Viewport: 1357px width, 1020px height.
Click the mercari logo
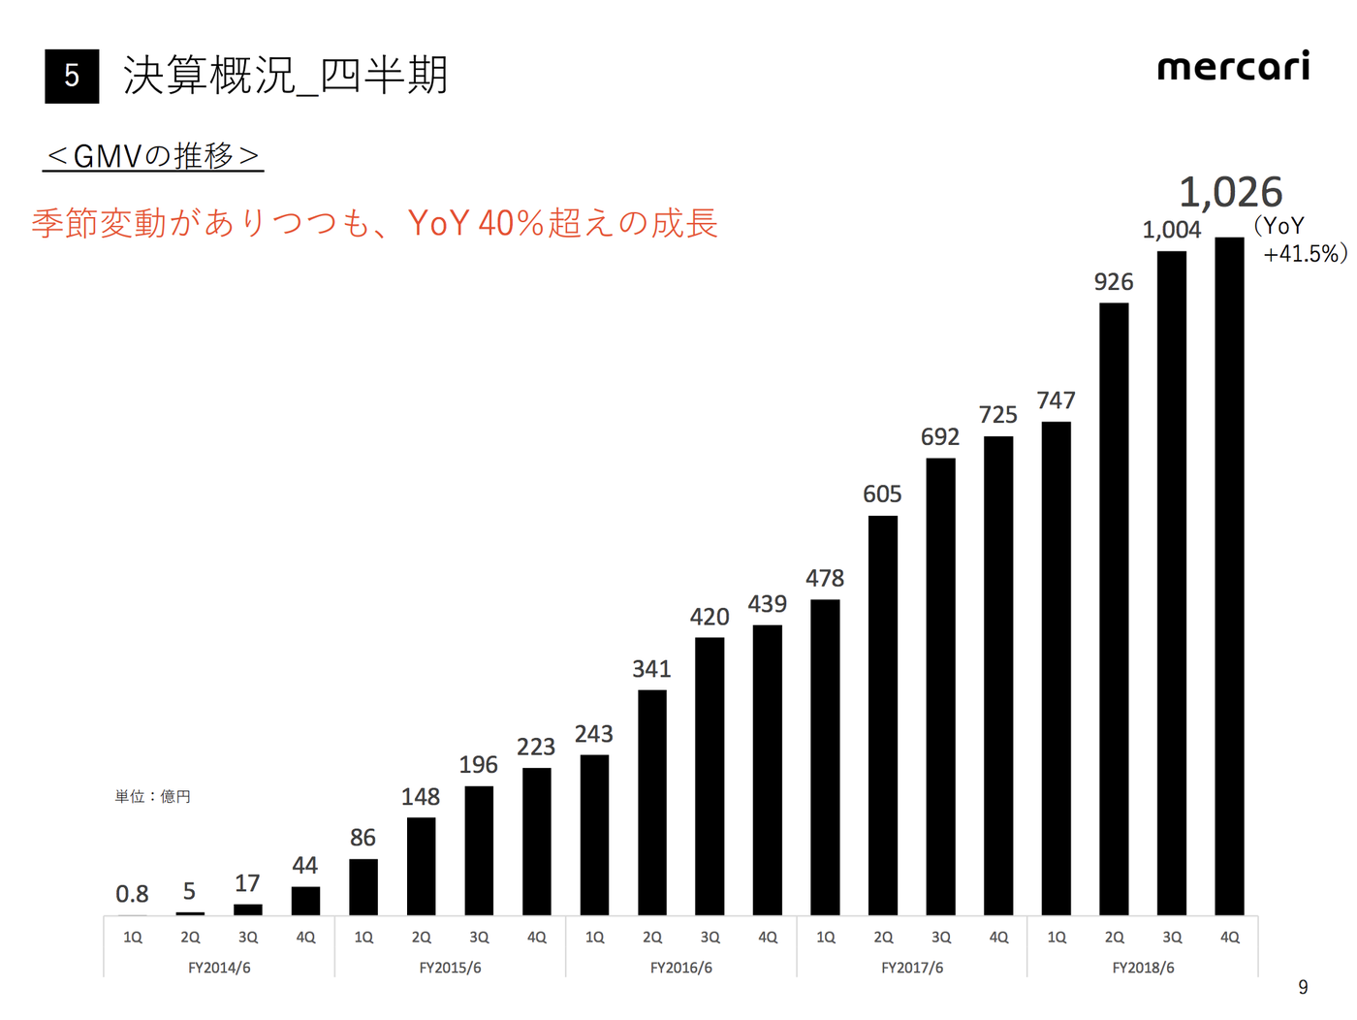click(x=1233, y=67)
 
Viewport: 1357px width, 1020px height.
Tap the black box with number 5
click(x=72, y=76)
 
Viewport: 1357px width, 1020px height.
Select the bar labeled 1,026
click(x=1229, y=576)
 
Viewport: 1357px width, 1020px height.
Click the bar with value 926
click(x=1114, y=609)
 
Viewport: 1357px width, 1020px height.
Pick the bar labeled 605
click(x=882, y=716)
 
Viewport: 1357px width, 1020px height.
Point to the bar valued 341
click(x=652, y=802)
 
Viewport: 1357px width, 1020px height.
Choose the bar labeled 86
click(x=363, y=886)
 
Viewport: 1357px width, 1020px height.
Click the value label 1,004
click(x=1171, y=230)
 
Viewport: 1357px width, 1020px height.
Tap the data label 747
click(x=1056, y=400)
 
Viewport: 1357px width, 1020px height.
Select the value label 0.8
click(x=132, y=894)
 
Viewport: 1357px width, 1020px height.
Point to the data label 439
click(x=767, y=604)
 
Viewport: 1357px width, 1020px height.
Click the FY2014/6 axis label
click(x=219, y=968)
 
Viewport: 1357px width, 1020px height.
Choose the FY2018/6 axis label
click(x=1143, y=968)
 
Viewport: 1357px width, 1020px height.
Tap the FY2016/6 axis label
click(x=680, y=968)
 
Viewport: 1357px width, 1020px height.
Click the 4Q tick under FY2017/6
click(x=998, y=938)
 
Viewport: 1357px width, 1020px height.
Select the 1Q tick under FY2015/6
click(x=363, y=938)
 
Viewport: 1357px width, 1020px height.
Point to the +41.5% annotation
click(x=1304, y=254)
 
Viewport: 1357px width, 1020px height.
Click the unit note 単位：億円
click(x=152, y=796)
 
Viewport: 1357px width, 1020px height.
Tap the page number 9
click(x=1303, y=987)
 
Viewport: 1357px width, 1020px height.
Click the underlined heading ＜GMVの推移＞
click(x=153, y=156)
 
